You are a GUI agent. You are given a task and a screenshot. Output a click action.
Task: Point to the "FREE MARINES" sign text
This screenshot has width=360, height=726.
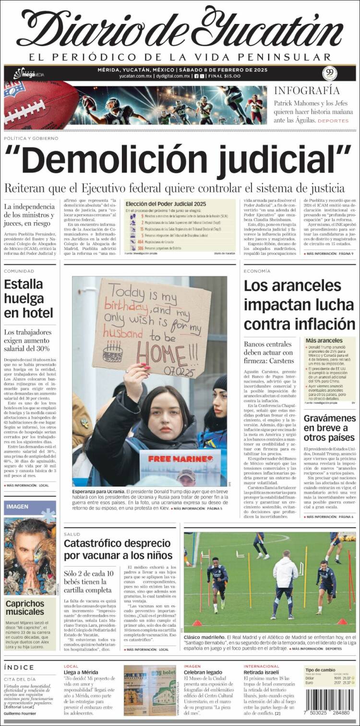click(180, 459)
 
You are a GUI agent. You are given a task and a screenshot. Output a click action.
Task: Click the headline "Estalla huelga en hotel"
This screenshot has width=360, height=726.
click(28, 298)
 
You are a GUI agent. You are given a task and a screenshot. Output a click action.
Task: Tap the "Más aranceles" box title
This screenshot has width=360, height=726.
click(324, 340)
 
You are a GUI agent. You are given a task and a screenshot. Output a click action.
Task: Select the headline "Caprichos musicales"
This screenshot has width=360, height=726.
click(25, 607)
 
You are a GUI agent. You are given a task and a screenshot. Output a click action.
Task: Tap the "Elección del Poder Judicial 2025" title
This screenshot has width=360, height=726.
click(165, 203)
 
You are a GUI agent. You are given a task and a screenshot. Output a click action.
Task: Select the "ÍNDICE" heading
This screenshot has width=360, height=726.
click(19, 667)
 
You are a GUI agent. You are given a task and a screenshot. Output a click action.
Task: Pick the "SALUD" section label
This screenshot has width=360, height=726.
click(72, 534)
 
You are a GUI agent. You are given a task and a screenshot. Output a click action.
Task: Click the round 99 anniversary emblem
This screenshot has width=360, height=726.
click(329, 73)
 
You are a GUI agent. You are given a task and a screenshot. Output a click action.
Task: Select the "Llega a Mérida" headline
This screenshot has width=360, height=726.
click(81, 672)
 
